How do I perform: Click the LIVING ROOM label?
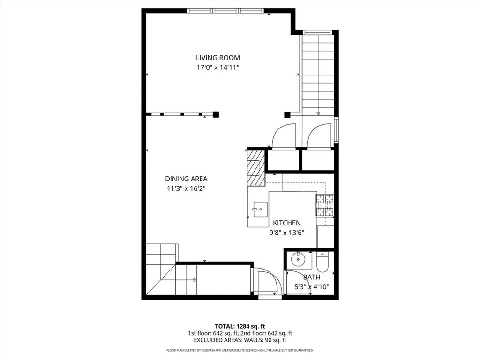[218, 58]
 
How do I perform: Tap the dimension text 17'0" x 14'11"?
[218, 67]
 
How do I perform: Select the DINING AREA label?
[186, 179]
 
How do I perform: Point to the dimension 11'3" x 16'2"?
[186, 188]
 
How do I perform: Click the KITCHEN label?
[287, 223]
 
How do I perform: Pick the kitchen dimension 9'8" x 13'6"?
[287, 232]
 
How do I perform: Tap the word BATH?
[312, 277]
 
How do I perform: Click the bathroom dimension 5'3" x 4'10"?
[312, 286]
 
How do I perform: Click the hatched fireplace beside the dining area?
[256, 167]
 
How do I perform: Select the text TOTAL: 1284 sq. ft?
[240, 326]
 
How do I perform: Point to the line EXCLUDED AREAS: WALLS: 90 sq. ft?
[240, 340]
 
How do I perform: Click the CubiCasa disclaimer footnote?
[240, 350]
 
